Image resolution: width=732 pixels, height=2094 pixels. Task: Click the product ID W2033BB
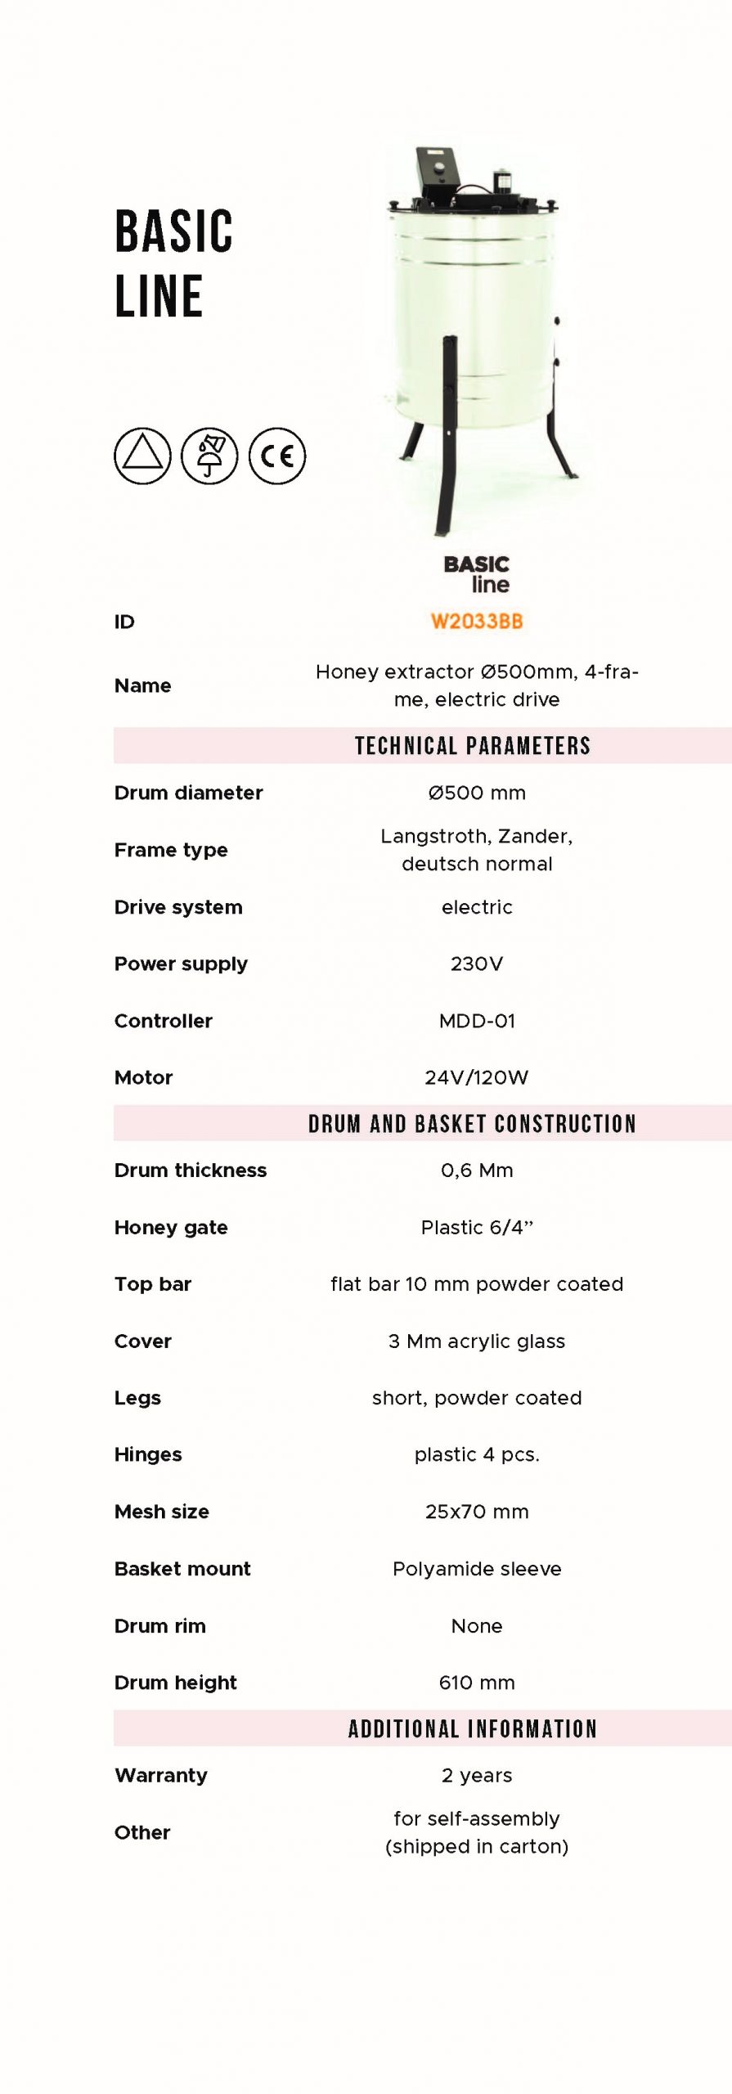click(x=476, y=621)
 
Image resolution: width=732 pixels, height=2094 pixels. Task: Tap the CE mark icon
click(x=277, y=456)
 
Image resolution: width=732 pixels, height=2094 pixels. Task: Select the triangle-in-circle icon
click(x=142, y=456)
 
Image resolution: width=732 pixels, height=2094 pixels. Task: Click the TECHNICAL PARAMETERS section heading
click(x=472, y=746)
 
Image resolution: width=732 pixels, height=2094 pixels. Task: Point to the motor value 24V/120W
click(x=476, y=1077)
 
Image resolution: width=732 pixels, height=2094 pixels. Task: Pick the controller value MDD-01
click(x=477, y=1021)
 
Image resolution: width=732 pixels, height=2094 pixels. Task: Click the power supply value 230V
click(x=476, y=964)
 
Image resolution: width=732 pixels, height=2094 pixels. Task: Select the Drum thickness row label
click(x=191, y=1171)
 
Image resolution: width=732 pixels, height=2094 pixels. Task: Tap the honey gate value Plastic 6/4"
click(x=477, y=1227)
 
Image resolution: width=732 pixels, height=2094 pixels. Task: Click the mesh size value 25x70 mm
click(x=477, y=1512)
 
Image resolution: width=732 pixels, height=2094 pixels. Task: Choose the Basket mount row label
click(x=182, y=1569)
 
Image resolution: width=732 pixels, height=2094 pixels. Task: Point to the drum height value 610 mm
click(x=477, y=1683)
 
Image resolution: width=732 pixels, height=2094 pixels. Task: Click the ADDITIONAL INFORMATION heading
click(x=472, y=1728)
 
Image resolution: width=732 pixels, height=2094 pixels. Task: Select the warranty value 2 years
click(x=477, y=1775)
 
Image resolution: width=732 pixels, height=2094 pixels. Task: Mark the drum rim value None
click(x=477, y=1626)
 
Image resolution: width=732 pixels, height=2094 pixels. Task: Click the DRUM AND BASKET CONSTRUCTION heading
click(x=472, y=1124)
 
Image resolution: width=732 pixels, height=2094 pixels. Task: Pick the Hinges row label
click(x=148, y=1454)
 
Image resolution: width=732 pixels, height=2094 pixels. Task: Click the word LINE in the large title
click(x=159, y=296)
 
